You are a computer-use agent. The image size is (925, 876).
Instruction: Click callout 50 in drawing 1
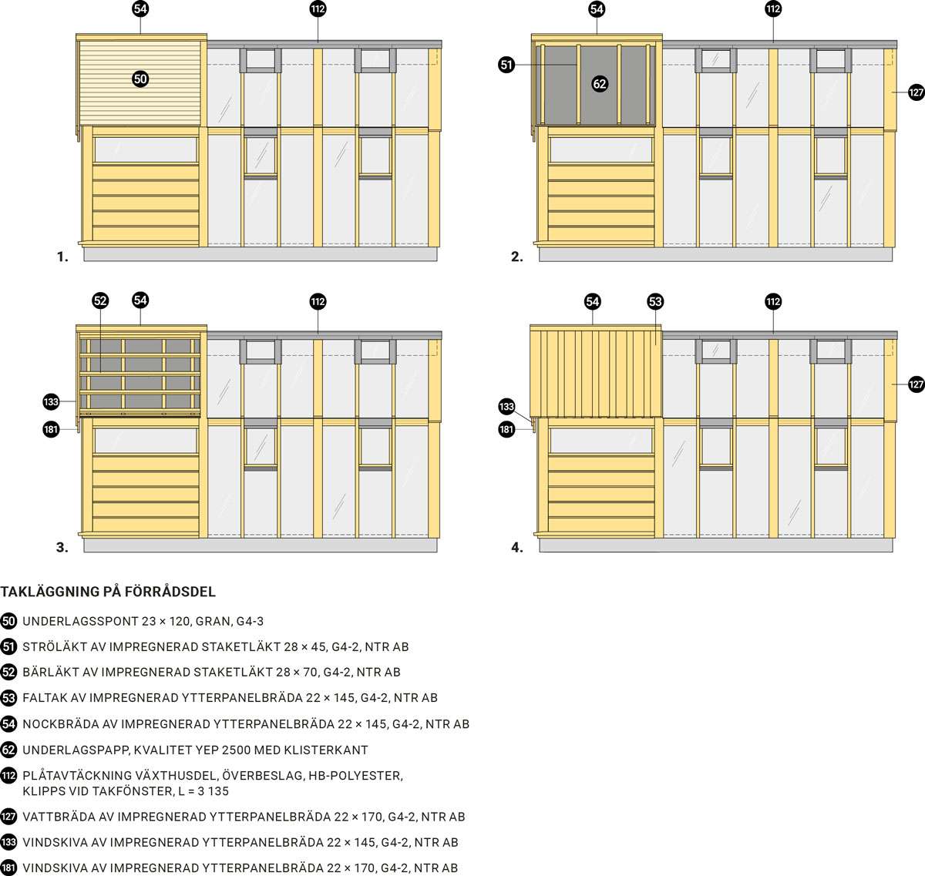coord(140,79)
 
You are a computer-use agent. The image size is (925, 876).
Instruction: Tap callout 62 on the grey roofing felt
coord(600,84)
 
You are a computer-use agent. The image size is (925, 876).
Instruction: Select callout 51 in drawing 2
coord(506,65)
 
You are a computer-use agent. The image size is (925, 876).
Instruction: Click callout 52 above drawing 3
coord(100,300)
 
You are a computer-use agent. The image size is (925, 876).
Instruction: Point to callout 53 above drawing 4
coord(655,301)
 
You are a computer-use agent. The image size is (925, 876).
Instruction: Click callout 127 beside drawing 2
coord(916,92)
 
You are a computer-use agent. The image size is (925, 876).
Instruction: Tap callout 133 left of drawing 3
coord(51,401)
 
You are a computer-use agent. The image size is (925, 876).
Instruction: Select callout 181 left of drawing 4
coord(506,429)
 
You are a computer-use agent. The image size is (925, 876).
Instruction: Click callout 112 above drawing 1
coord(318,9)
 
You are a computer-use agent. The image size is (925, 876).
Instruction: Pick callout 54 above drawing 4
coord(592,301)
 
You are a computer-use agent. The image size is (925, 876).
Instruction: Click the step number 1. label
coord(62,257)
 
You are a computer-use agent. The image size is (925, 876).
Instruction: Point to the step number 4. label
coord(517,548)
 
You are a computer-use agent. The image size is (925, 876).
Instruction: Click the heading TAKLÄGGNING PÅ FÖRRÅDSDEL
coord(108,592)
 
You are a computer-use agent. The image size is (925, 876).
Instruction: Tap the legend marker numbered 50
coord(8,621)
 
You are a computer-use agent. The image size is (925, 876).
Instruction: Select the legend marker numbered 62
coord(8,750)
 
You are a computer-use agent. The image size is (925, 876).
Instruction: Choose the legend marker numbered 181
coord(8,868)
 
